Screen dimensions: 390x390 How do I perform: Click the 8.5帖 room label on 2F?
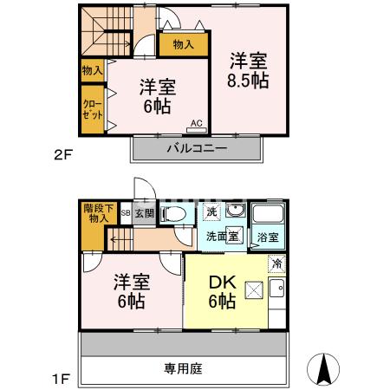248,70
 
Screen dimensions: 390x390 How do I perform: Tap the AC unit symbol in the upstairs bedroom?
196,128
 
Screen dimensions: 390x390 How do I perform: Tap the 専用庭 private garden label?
183,368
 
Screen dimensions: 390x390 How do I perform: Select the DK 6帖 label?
223,291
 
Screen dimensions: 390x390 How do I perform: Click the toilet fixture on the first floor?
173,214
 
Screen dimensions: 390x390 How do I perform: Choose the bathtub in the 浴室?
268,216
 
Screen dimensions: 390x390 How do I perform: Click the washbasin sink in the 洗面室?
234,212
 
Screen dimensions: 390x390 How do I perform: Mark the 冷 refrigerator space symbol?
276,263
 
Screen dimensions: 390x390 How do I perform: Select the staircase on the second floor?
103,32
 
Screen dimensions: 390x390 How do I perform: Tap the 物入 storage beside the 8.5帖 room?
183,44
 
